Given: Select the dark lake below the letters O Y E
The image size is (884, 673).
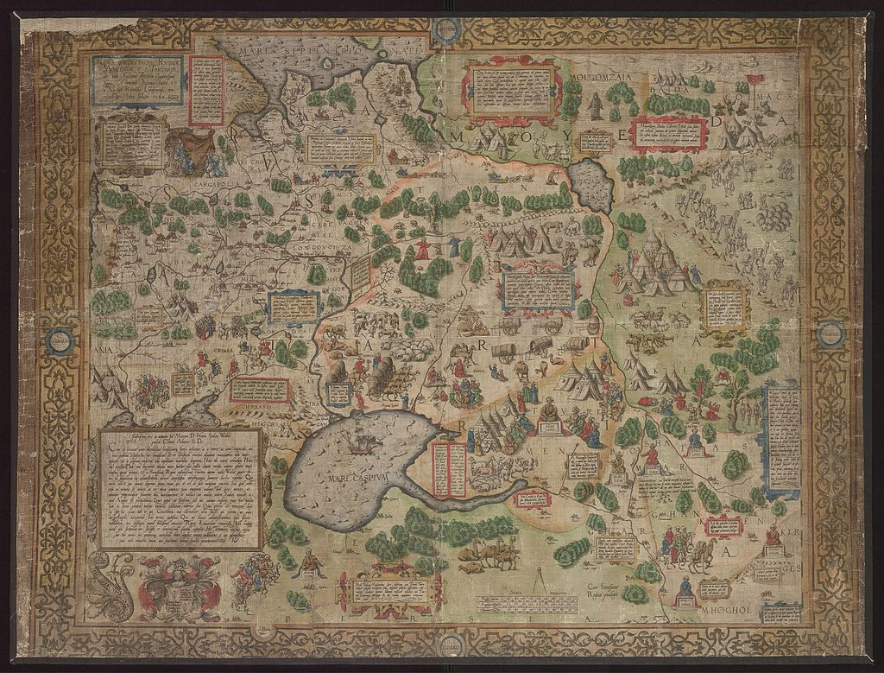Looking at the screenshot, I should pyautogui.click(x=591, y=184).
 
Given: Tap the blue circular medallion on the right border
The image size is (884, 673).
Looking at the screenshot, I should pyautogui.click(x=830, y=334).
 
